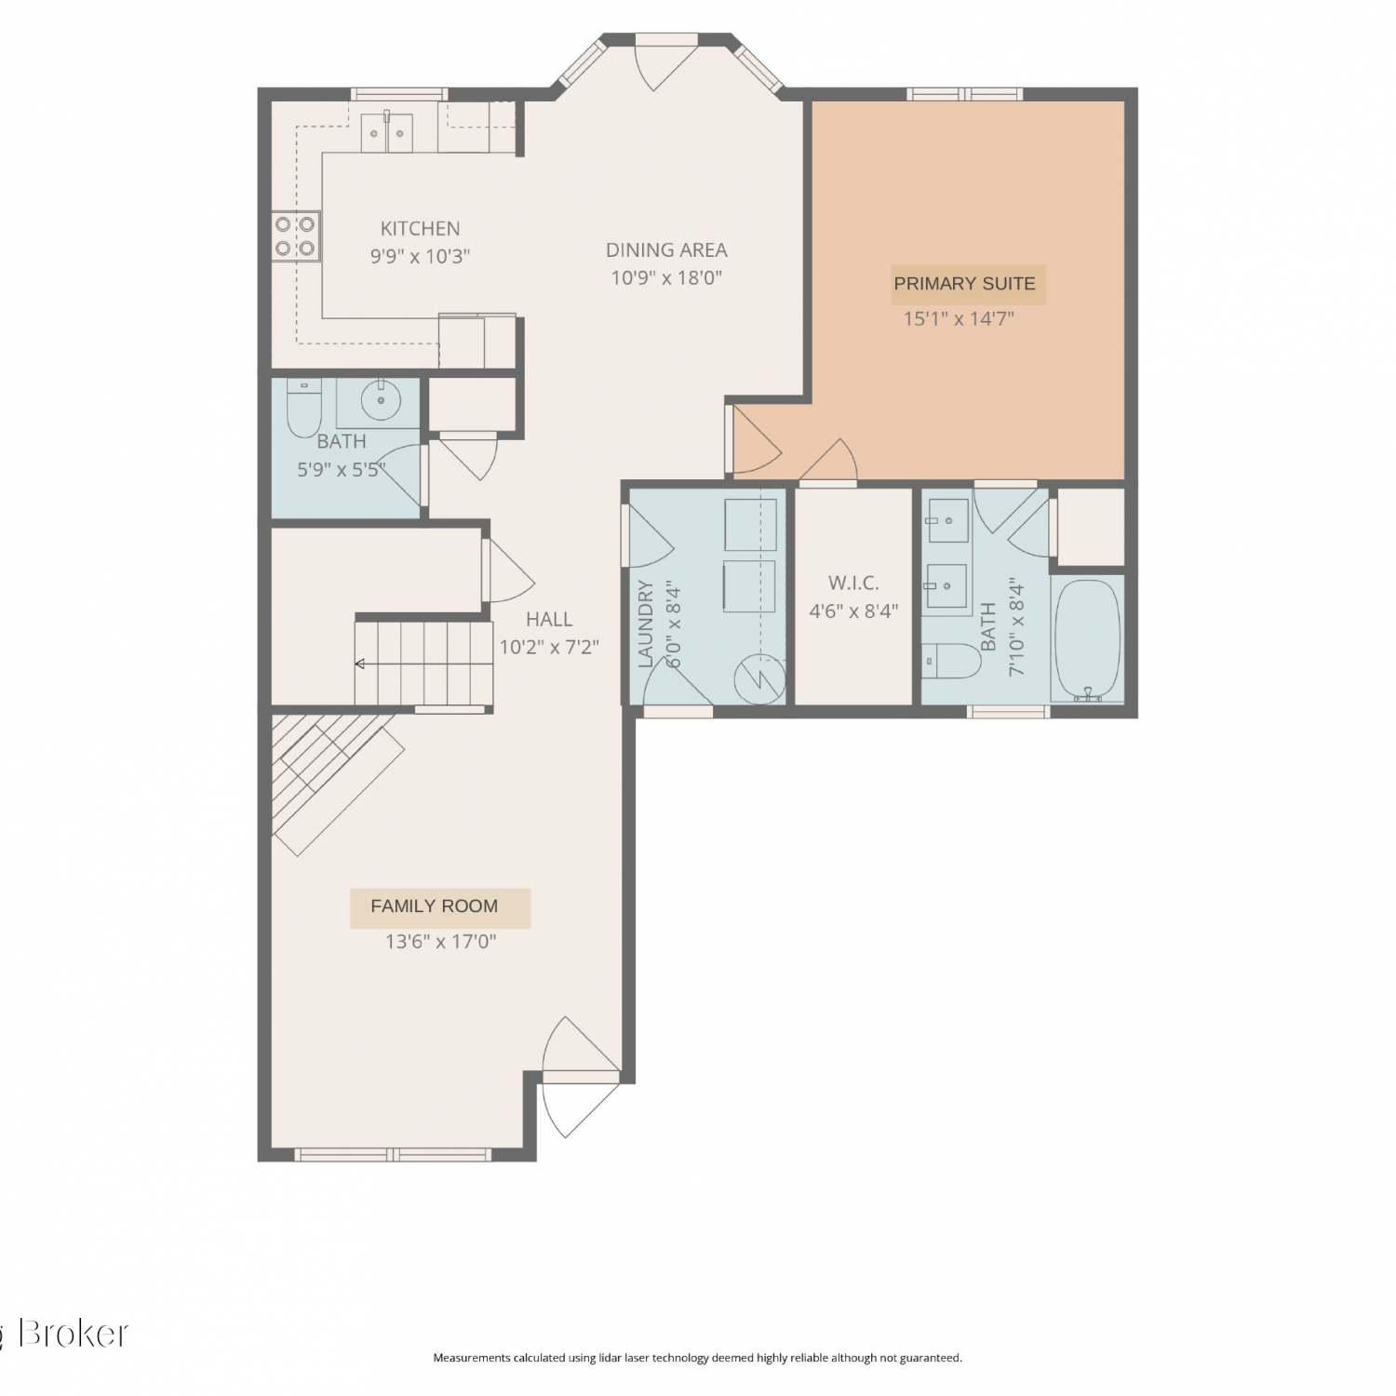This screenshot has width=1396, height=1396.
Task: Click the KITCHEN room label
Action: point(420,228)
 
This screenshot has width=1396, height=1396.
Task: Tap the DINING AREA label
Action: point(666,249)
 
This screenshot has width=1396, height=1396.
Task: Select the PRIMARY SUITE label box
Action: point(965,284)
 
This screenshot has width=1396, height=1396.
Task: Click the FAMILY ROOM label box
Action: point(440,907)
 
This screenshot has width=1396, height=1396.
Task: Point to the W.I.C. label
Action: point(853,583)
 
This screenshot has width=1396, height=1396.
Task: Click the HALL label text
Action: point(549,619)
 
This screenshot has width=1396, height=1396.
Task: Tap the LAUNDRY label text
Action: point(646,624)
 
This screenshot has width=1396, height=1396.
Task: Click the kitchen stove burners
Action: point(295,236)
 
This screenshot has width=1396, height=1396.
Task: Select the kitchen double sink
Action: point(387,133)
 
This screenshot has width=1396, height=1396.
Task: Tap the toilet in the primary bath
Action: point(953,661)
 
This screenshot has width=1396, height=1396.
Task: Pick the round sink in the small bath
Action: point(380,401)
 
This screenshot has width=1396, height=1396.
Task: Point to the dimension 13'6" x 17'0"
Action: point(441,942)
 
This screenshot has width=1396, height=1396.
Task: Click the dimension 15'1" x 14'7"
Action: point(959,318)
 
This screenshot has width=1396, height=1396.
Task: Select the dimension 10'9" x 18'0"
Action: point(666,277)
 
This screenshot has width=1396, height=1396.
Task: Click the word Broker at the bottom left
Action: point(73,1334)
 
